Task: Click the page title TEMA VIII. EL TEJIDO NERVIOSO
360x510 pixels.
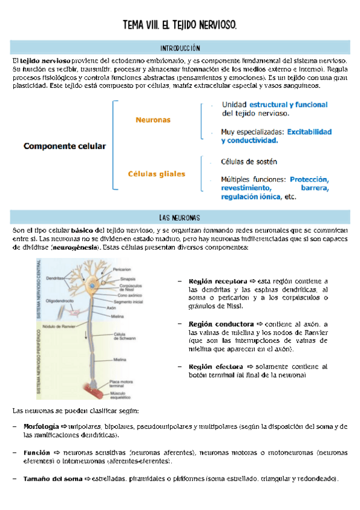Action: coord(180,25)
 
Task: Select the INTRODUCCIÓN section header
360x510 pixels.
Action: coord(180,48)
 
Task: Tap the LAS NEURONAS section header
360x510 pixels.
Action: coord(180,217)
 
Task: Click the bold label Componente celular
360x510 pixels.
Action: coord(64,146)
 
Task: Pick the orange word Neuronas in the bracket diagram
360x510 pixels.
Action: coord(153,120)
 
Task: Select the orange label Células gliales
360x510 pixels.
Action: coord(156,174)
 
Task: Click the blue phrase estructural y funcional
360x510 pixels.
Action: coord(288,104)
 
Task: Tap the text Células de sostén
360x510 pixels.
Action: coord(249,162)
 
